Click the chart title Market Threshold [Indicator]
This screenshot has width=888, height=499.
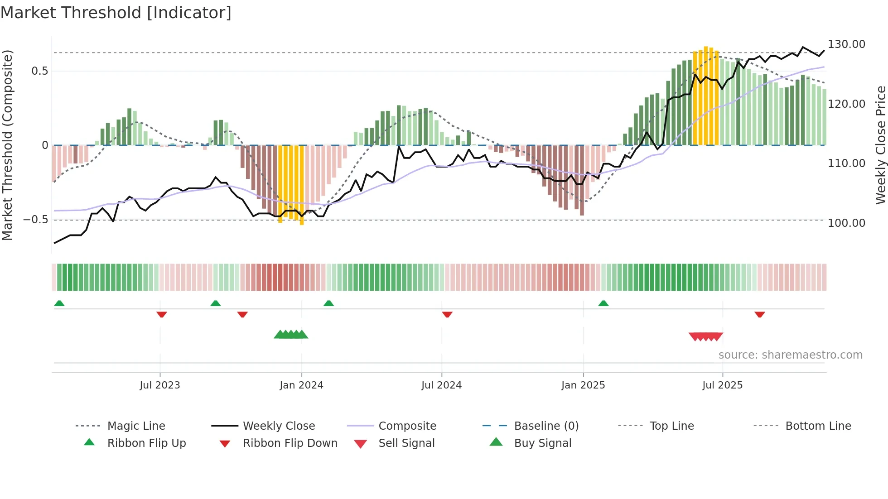(x=116, y=13)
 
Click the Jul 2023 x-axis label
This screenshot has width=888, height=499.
(x=160, y=385)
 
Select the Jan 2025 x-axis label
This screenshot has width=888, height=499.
(x=583, y=385)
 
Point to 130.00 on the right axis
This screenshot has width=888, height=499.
(x=846, y=44)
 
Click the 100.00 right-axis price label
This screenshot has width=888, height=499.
(x=846, y=223)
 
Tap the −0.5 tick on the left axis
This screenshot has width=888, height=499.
(x=36, y=220)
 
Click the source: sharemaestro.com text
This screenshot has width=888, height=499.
(x=790, y=355)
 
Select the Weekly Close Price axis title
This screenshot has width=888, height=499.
(x=880, y=145)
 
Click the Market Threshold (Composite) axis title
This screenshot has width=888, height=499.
(x=7, y=145)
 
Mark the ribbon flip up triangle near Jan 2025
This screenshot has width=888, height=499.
(x=603, y=303)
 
